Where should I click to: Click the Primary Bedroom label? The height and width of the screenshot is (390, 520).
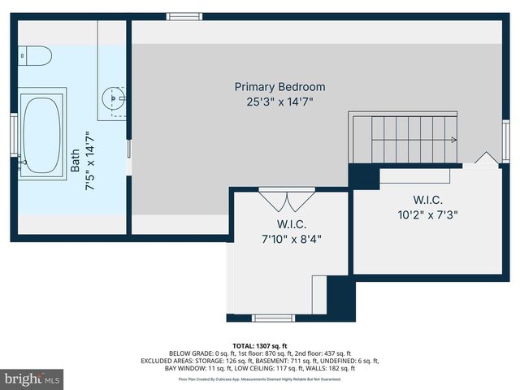coord(279,87)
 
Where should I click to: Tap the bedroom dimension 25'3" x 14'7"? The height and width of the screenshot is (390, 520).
coord(279,102)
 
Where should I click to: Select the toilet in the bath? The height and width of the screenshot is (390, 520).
coord(35,55)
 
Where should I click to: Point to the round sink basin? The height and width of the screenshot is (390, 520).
coord(112,99)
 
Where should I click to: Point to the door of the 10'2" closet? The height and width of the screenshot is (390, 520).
coord(487,158)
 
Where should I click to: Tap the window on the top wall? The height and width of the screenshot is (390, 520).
coord(184,16)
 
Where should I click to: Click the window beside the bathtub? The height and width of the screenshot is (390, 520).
coord(14,134)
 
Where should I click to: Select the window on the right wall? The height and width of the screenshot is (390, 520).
coord(505,135)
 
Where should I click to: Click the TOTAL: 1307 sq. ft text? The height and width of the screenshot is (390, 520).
coord(260,345)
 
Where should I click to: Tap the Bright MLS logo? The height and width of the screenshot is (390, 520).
coord(32,379)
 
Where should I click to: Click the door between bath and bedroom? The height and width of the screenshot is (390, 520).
coord(129,149)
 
